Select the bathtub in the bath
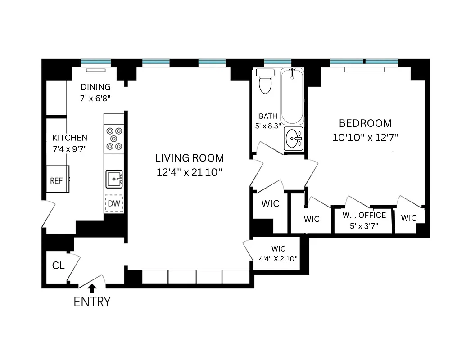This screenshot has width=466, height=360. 292,96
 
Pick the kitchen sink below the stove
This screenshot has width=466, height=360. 114,179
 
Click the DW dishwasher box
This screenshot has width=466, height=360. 114,203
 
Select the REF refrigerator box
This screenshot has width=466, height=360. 56,180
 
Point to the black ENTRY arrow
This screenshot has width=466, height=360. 92,288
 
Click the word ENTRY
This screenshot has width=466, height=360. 92,301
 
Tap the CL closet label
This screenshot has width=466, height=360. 59,265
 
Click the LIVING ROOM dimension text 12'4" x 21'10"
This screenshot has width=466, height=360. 190,171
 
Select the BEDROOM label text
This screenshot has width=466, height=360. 365,123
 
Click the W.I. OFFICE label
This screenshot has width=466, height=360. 364,215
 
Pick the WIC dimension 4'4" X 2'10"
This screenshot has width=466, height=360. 278,258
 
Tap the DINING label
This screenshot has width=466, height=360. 95,87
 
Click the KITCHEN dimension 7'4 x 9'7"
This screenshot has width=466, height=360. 70,148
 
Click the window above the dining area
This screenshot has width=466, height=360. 95,62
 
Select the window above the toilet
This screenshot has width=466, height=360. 277,62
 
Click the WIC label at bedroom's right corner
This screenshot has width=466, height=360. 409,218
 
